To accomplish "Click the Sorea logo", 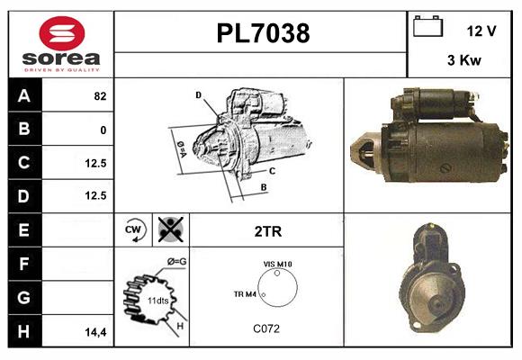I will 61,44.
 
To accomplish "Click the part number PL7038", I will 263,34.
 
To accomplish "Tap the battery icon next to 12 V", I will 427,28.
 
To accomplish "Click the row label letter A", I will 23,95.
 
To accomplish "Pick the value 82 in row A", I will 98,95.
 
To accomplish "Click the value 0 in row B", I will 103,130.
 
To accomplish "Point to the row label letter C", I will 23,163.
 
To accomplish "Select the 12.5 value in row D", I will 94,195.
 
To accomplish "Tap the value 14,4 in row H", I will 96,332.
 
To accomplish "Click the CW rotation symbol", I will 135,229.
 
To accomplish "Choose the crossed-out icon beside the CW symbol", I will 168,229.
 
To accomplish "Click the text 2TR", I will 267,231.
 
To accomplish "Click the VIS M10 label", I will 278,264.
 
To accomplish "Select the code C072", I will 266,328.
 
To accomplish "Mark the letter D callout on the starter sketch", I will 198,94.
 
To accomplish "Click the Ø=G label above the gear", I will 175,262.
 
